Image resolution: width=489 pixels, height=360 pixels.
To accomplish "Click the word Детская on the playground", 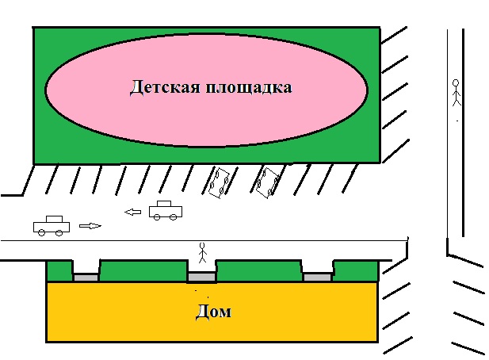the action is point(165,87).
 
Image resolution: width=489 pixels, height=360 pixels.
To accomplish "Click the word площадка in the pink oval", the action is point(249,87).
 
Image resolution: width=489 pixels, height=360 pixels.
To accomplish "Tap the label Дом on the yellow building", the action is point(214,312).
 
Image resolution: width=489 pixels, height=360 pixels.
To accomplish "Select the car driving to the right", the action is point(52,226).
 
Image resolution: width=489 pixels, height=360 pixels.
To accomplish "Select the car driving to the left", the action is point(166,211).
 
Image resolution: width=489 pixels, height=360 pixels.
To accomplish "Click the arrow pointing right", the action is point(90,226).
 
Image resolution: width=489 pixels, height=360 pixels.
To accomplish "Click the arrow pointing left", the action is point(132,213).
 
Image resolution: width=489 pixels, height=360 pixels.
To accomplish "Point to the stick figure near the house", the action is point(203,253).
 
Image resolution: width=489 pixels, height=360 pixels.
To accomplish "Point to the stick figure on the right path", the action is point(457,93).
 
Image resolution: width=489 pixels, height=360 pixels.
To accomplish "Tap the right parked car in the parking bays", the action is point(267,183).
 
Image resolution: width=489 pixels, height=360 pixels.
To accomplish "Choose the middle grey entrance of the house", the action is point(202,277).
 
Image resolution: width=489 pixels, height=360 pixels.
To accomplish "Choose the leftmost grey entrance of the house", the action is point(86,278).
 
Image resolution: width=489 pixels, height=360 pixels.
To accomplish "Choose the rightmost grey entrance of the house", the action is point(318,277).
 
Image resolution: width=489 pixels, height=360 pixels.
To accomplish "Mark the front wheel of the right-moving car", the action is point(59,232).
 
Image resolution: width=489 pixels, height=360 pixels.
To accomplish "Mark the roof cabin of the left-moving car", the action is point(164,204).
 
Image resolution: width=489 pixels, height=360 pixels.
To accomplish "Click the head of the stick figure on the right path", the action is point(456,83).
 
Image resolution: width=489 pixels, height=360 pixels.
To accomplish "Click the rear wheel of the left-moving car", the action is point(173,217).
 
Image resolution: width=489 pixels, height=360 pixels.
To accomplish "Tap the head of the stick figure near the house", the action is point(203,245).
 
